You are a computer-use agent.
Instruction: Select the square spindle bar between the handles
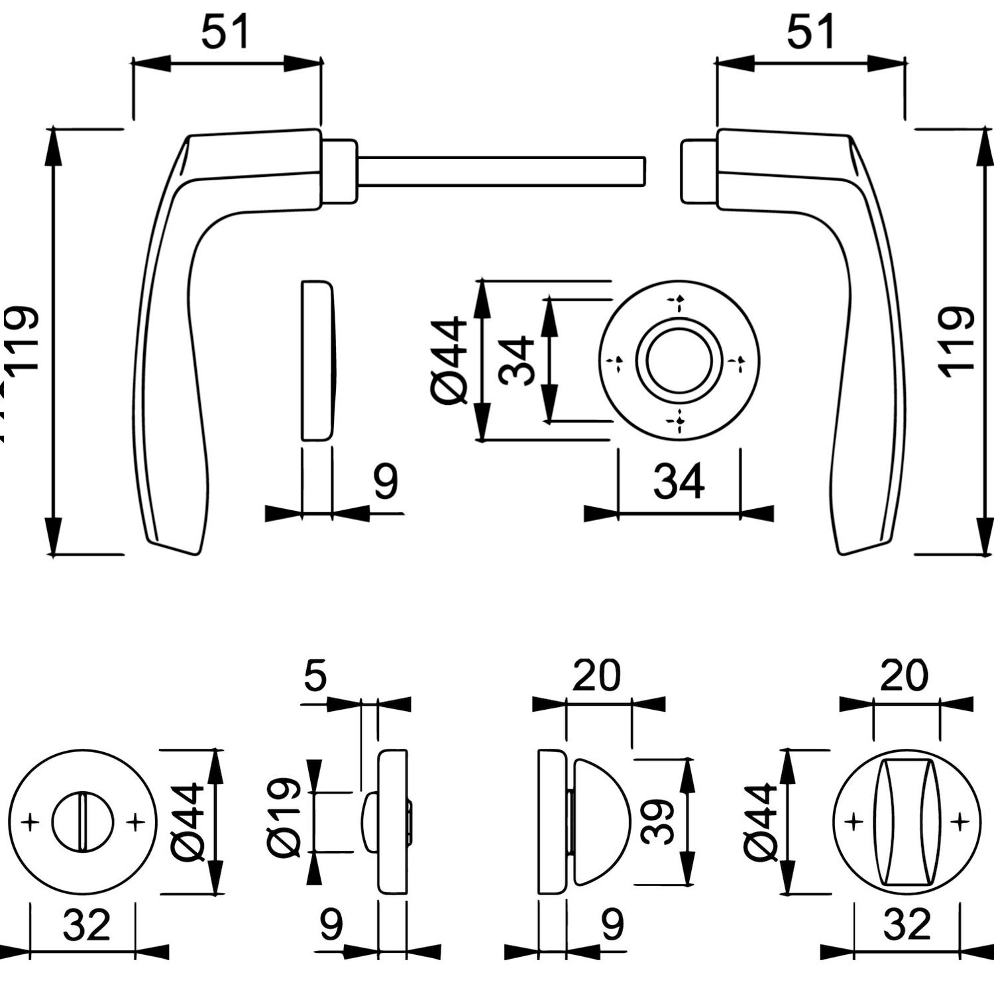500,171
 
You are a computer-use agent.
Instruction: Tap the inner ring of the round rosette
679,361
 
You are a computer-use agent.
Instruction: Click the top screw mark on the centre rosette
679,304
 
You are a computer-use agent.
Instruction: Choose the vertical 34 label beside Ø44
518,361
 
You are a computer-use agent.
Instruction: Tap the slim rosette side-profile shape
317,360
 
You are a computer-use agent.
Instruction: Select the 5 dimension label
315,676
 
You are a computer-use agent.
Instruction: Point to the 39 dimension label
658,822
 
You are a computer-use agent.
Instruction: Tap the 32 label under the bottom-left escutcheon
86,925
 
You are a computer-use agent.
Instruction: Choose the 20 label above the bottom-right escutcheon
905,676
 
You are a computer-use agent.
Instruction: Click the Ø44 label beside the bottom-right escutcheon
760,822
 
